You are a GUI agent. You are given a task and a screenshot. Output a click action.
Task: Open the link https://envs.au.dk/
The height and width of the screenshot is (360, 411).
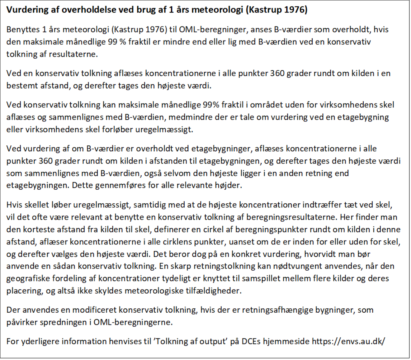[348, 341]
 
